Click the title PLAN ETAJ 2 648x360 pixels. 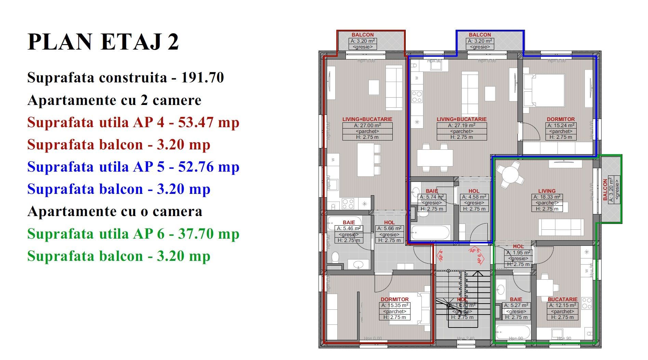[x=103, y=42]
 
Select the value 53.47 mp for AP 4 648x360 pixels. [x=208, y=122]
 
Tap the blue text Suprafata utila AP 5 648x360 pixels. [x=96, y=166]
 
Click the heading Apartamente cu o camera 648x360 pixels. [x=115, y=211]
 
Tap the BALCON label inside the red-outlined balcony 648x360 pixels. [x=363, y=35]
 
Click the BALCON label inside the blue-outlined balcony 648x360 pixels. [x=480, y=35]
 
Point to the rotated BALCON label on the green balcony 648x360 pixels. [x=605, y=190]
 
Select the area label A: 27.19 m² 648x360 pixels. [x=462, y=125]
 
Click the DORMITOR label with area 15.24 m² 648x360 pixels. [x=561, y=119]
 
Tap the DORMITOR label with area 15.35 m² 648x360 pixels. [x=395, y=299]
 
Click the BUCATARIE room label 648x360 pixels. [x=563, y=299]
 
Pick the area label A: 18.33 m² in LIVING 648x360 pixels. [x=547, y=197]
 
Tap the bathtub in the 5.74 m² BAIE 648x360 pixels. [x=430, y=232]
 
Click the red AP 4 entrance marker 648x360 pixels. [x=441, y=255]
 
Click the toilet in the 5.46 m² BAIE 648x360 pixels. [x=336, y=256]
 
